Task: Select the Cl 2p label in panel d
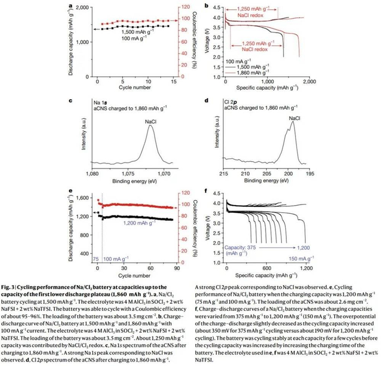tap(233, 102)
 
